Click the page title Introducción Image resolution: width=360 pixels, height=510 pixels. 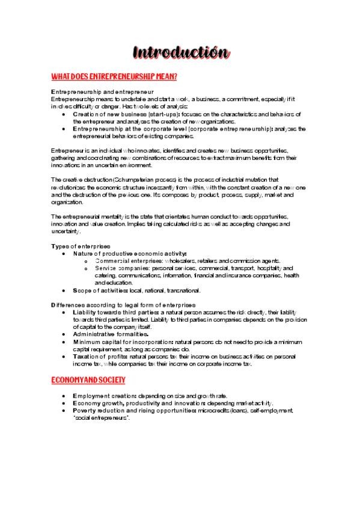coord(180,52)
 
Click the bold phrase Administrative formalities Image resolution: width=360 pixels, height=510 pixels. coord(111,334)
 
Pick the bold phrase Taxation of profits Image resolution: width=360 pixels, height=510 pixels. coord(101,356)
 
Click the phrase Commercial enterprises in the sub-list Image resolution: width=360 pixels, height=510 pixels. coord(123,261)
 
